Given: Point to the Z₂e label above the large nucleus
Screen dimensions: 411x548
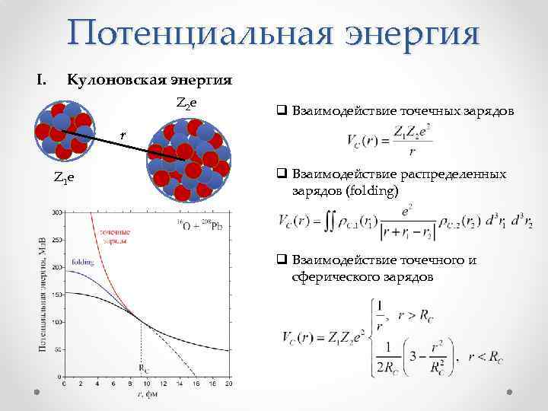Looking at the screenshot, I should (186, 103).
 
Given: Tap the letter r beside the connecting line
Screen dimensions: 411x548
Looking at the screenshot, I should (123, 135).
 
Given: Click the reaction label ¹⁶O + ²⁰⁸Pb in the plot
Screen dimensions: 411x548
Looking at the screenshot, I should (200, 225).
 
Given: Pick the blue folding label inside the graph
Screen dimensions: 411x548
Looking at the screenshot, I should (83, 262).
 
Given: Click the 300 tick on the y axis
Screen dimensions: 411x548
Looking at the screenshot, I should (56, 217).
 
